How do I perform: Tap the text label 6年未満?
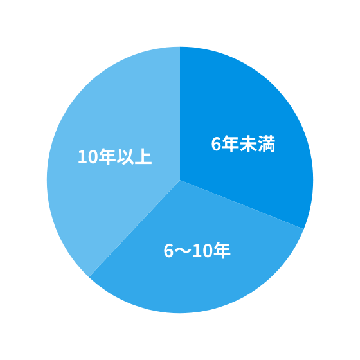coord(243,144)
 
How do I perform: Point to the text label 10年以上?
coord(115,157)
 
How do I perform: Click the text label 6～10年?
coord(197,250)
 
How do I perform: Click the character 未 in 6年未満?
coord(248,144)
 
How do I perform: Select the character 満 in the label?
coord(267,144)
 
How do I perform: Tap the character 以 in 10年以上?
coord(125,157)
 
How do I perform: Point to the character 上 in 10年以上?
coord(143,157)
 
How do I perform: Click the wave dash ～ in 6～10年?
coord(183,250)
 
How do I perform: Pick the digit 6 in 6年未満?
coord(216,144)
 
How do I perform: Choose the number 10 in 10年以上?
coord(88,157)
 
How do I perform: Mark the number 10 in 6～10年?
coord(203,251)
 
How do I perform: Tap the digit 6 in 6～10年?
coord(168,251)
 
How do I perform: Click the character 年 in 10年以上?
coord(107,157)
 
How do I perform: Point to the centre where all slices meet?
coord(180,180)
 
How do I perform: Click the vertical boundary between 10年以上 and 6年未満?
coord(180,113)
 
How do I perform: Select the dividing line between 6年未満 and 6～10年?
coord(242,204)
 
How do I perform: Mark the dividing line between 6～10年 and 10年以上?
coord(134,228)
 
